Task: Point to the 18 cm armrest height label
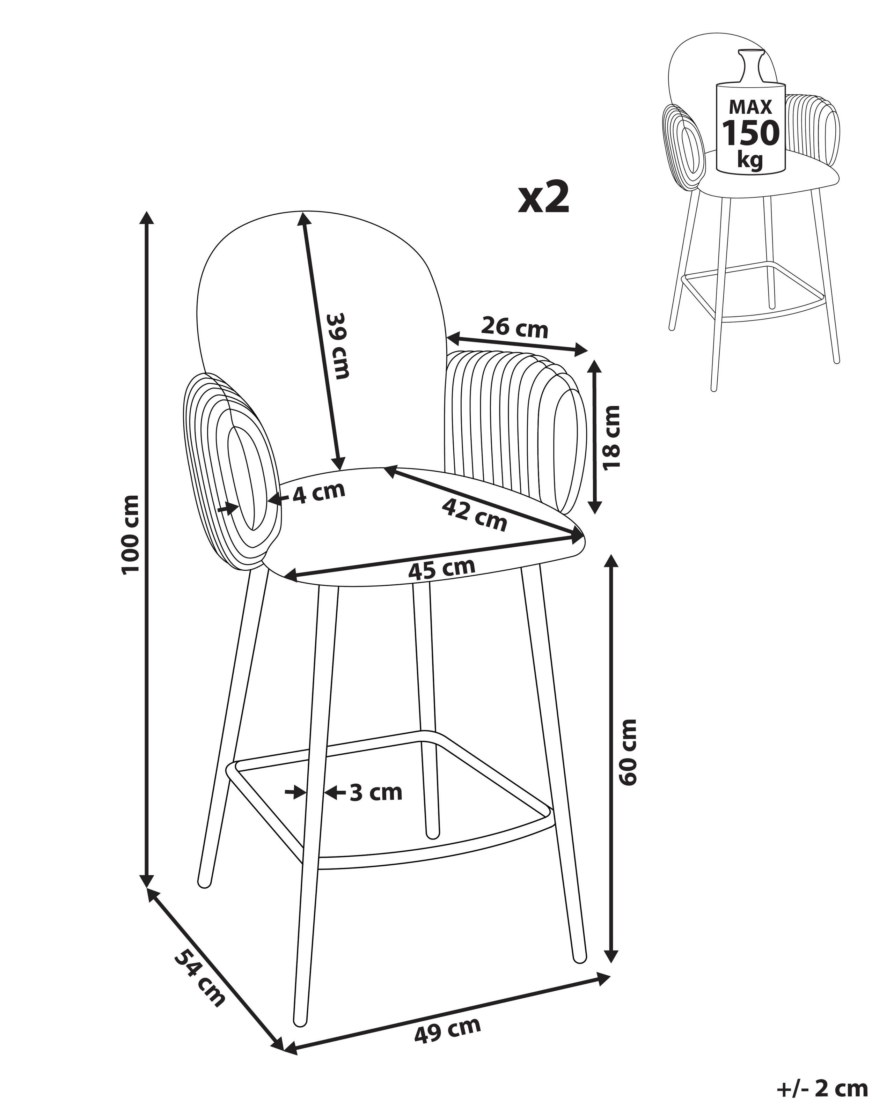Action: [x=611, y=438]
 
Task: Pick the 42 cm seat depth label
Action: [x=474, y=515]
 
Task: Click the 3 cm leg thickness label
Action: [x=376, y=807]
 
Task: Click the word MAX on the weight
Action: [x=750, y=107]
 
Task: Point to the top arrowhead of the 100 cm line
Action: [x=148, y=217]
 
